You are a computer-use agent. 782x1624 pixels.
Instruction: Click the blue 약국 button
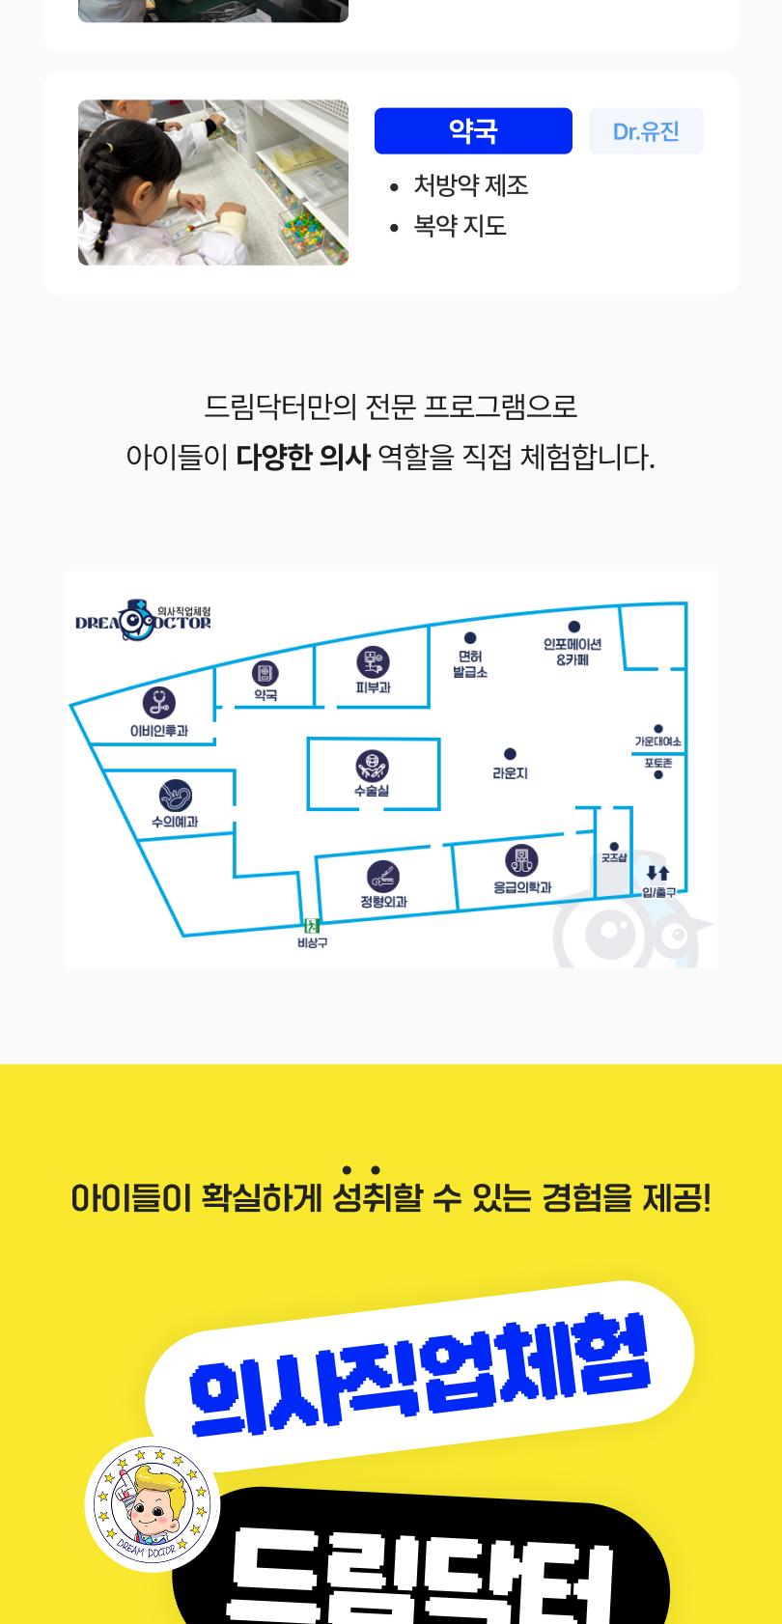(x=473, y=131)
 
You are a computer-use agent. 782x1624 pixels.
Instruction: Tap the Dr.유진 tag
(x=646, y=131)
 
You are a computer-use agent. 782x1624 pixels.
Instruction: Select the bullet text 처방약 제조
(x=470, y=185)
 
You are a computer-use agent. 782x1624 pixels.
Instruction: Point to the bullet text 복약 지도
(x=460, y=226)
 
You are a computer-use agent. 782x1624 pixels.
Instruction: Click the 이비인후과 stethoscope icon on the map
(x=158, y=703)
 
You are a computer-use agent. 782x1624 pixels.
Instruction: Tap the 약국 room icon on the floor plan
(x=265, y=673)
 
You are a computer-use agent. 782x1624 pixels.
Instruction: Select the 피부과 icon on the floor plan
(x=373, y=662)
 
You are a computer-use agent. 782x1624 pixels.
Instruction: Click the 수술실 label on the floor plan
(x=372, y=791)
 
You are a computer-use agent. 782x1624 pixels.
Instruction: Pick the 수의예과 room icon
(x=175, y=796)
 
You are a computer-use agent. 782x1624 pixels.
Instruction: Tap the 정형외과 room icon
(x=383, y=876)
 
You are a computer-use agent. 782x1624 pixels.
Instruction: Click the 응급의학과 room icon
(x=521, y=859)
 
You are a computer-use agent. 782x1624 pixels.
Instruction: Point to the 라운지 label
(x=510, y=773)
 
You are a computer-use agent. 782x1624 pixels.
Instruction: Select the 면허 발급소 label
(x=470, y=664)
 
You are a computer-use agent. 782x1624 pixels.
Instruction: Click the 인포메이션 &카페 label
(x=573, y=652)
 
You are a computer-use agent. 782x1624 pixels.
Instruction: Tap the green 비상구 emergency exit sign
(x=312, y=925)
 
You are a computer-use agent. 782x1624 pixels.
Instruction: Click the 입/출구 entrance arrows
(x=657, y=874)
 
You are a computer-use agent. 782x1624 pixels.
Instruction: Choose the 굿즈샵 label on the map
(x=614, y=856)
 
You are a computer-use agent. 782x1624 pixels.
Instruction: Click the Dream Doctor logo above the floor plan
(x=143, y=621)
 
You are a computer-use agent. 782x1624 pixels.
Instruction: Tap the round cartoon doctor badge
(x=153, y=1504)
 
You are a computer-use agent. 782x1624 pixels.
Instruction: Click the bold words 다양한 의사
(x=303, y=457)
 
